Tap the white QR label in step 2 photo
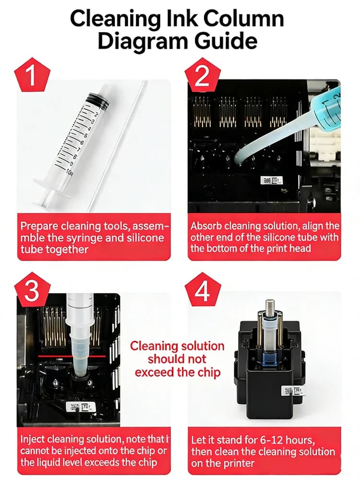[x=271, y=180]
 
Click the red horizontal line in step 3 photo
[x=72, y=356]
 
